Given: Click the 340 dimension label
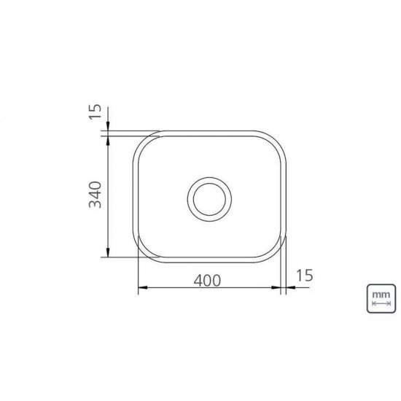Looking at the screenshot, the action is click(95, 195).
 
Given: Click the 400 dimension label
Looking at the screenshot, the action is click(207, 281).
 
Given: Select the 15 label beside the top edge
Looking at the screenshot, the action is click(95, 112).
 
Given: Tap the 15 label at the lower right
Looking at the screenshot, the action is click(304, 275).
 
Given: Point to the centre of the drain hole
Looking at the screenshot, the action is click(209, 199).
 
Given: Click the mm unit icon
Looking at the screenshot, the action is click(381, 298).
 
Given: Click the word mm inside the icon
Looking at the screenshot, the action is click(381, 295).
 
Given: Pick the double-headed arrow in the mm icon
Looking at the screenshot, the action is click(381, 303).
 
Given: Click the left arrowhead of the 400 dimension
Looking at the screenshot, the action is click(143, 287).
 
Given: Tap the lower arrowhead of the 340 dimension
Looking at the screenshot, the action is click(108, 252).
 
